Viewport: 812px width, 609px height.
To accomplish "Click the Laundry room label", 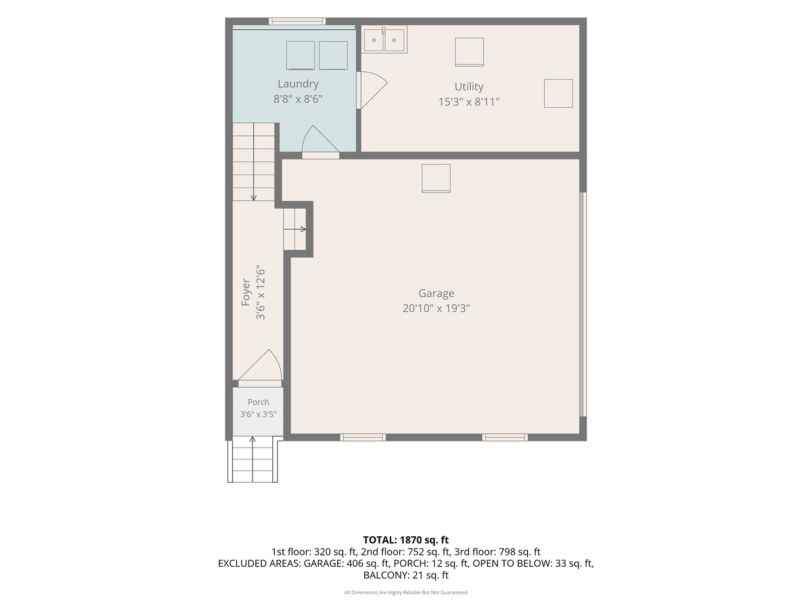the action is [298, 85].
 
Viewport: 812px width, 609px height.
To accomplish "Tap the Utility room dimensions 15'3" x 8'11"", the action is [469, 101].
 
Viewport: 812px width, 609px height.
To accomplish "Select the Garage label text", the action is [436, 293].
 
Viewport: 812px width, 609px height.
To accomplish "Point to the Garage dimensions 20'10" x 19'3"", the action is [436, 308].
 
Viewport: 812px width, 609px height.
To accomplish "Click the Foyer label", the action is [246, 293].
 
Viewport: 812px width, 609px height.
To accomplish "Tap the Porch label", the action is [258, 402].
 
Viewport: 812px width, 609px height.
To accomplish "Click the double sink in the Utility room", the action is [384, 39].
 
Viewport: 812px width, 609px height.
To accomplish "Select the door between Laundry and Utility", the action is [372, 90].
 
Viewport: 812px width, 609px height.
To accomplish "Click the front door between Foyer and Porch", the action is [260, 368].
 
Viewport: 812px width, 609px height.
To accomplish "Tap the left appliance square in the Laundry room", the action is [301, 55].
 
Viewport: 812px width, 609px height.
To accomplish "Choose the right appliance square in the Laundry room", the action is [333, 55].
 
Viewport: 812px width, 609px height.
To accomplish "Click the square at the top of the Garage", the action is [436, 178].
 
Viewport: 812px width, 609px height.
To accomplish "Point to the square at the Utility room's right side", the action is [558, 94].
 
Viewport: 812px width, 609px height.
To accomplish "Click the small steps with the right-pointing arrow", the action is [294, 230].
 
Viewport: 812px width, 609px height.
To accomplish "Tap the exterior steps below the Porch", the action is [253, 459].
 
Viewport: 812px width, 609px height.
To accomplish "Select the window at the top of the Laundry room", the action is [297, 21].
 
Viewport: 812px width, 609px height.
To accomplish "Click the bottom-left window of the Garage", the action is [363, 438].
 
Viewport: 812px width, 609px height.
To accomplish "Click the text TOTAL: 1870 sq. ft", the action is [406, 540].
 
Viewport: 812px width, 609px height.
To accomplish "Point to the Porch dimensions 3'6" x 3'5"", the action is [258, 414].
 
